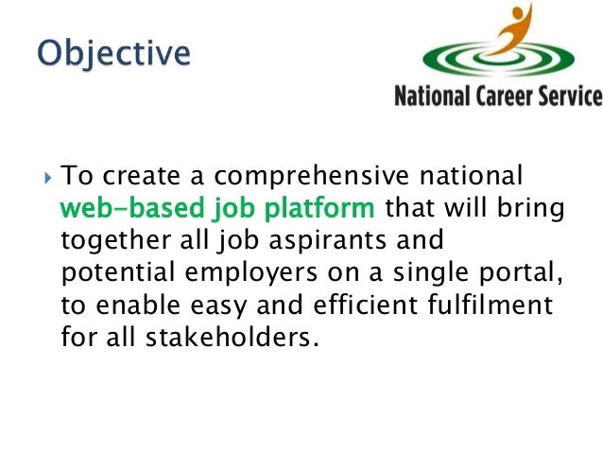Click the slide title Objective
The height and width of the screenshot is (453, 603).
pyautogui.click(x=112, y=52)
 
